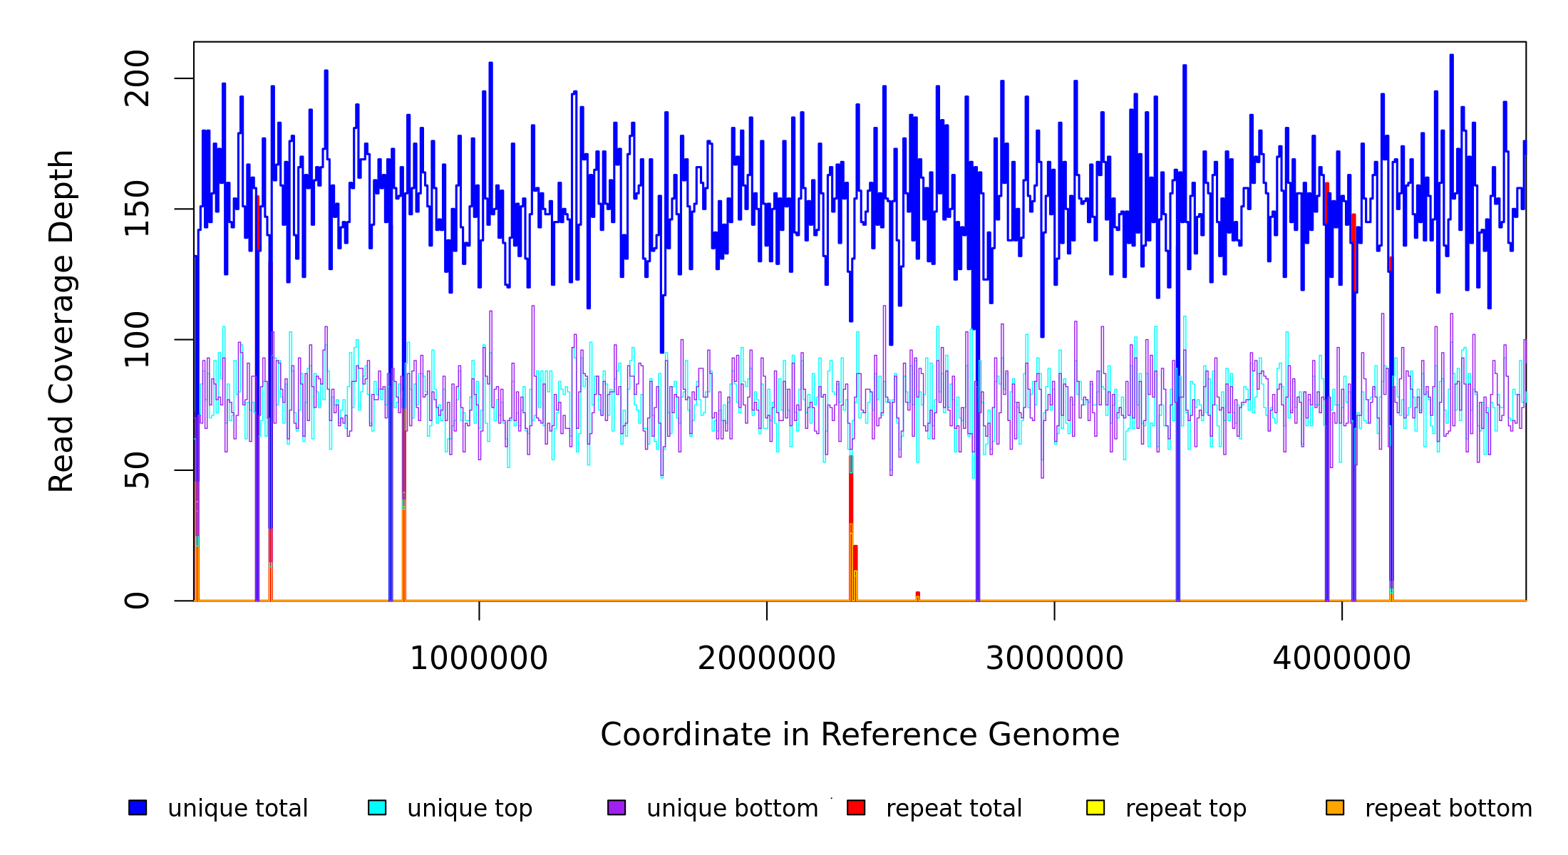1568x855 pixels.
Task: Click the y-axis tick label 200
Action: [x=137, y=78]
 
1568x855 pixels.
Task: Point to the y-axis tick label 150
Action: [x=137, y=209]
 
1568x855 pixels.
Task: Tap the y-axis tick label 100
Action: [x=137, y=339]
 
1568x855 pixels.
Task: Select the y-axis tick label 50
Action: [x=137, y=470]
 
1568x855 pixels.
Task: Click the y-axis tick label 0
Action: [x=137, y=601]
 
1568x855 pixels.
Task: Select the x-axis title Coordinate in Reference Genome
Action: [x=860, y=735]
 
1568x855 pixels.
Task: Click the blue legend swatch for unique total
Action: [x=138, y=807]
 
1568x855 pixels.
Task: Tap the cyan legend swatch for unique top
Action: [x=377, y=807]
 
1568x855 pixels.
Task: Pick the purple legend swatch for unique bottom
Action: [x=617, y=807]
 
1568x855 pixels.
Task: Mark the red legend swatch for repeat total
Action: [x=856, y=807]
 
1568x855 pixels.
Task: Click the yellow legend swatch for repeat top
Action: [x=1095, y=807]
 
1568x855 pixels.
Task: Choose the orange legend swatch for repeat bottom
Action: [x=1335, y=807]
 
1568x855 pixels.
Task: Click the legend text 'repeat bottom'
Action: [x=1448, y=809]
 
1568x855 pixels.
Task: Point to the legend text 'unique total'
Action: [x=238, y=809]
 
